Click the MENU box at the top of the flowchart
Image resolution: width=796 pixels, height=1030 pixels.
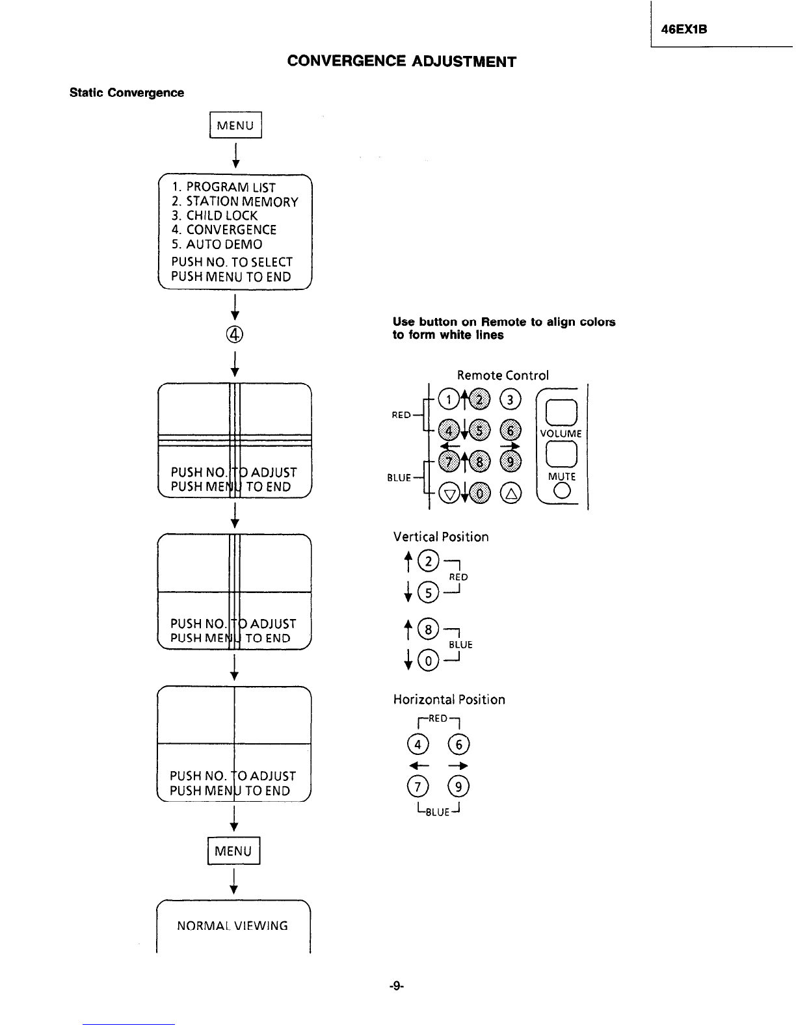[x=235, y=125]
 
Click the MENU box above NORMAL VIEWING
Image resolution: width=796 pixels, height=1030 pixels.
[x=233, y=851]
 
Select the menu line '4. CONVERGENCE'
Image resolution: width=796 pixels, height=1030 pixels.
[x=224, y=230]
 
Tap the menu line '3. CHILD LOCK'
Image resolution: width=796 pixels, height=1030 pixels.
[x=215, y=216]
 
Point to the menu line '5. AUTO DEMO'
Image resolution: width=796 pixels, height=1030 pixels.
[x=217, y=244]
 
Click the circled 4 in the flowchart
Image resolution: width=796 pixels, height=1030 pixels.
[x=235, y=335]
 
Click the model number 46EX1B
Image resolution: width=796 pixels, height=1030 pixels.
[x=683, y=29]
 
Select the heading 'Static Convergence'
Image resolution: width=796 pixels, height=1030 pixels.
[x=127, y=92]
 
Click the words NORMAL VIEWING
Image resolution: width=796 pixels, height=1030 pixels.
[x=232, y=926]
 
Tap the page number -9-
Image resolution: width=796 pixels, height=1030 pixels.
[x=396, y=986]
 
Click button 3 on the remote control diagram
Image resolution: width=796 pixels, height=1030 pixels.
[x=510, y=400]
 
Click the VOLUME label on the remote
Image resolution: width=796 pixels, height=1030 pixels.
[x=561, y=434]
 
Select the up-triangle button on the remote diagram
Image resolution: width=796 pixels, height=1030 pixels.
[x=511, y=494]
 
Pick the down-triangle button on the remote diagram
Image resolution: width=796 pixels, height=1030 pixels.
[x=449, y=494]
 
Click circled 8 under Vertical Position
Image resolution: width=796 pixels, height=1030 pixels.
[x=428, y=629]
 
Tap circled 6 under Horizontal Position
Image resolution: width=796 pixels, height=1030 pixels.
[x=458, y=745]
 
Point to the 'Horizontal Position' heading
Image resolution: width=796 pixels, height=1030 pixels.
[x=449, y=700]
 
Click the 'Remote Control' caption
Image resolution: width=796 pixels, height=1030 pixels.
[x=503, y=375]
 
